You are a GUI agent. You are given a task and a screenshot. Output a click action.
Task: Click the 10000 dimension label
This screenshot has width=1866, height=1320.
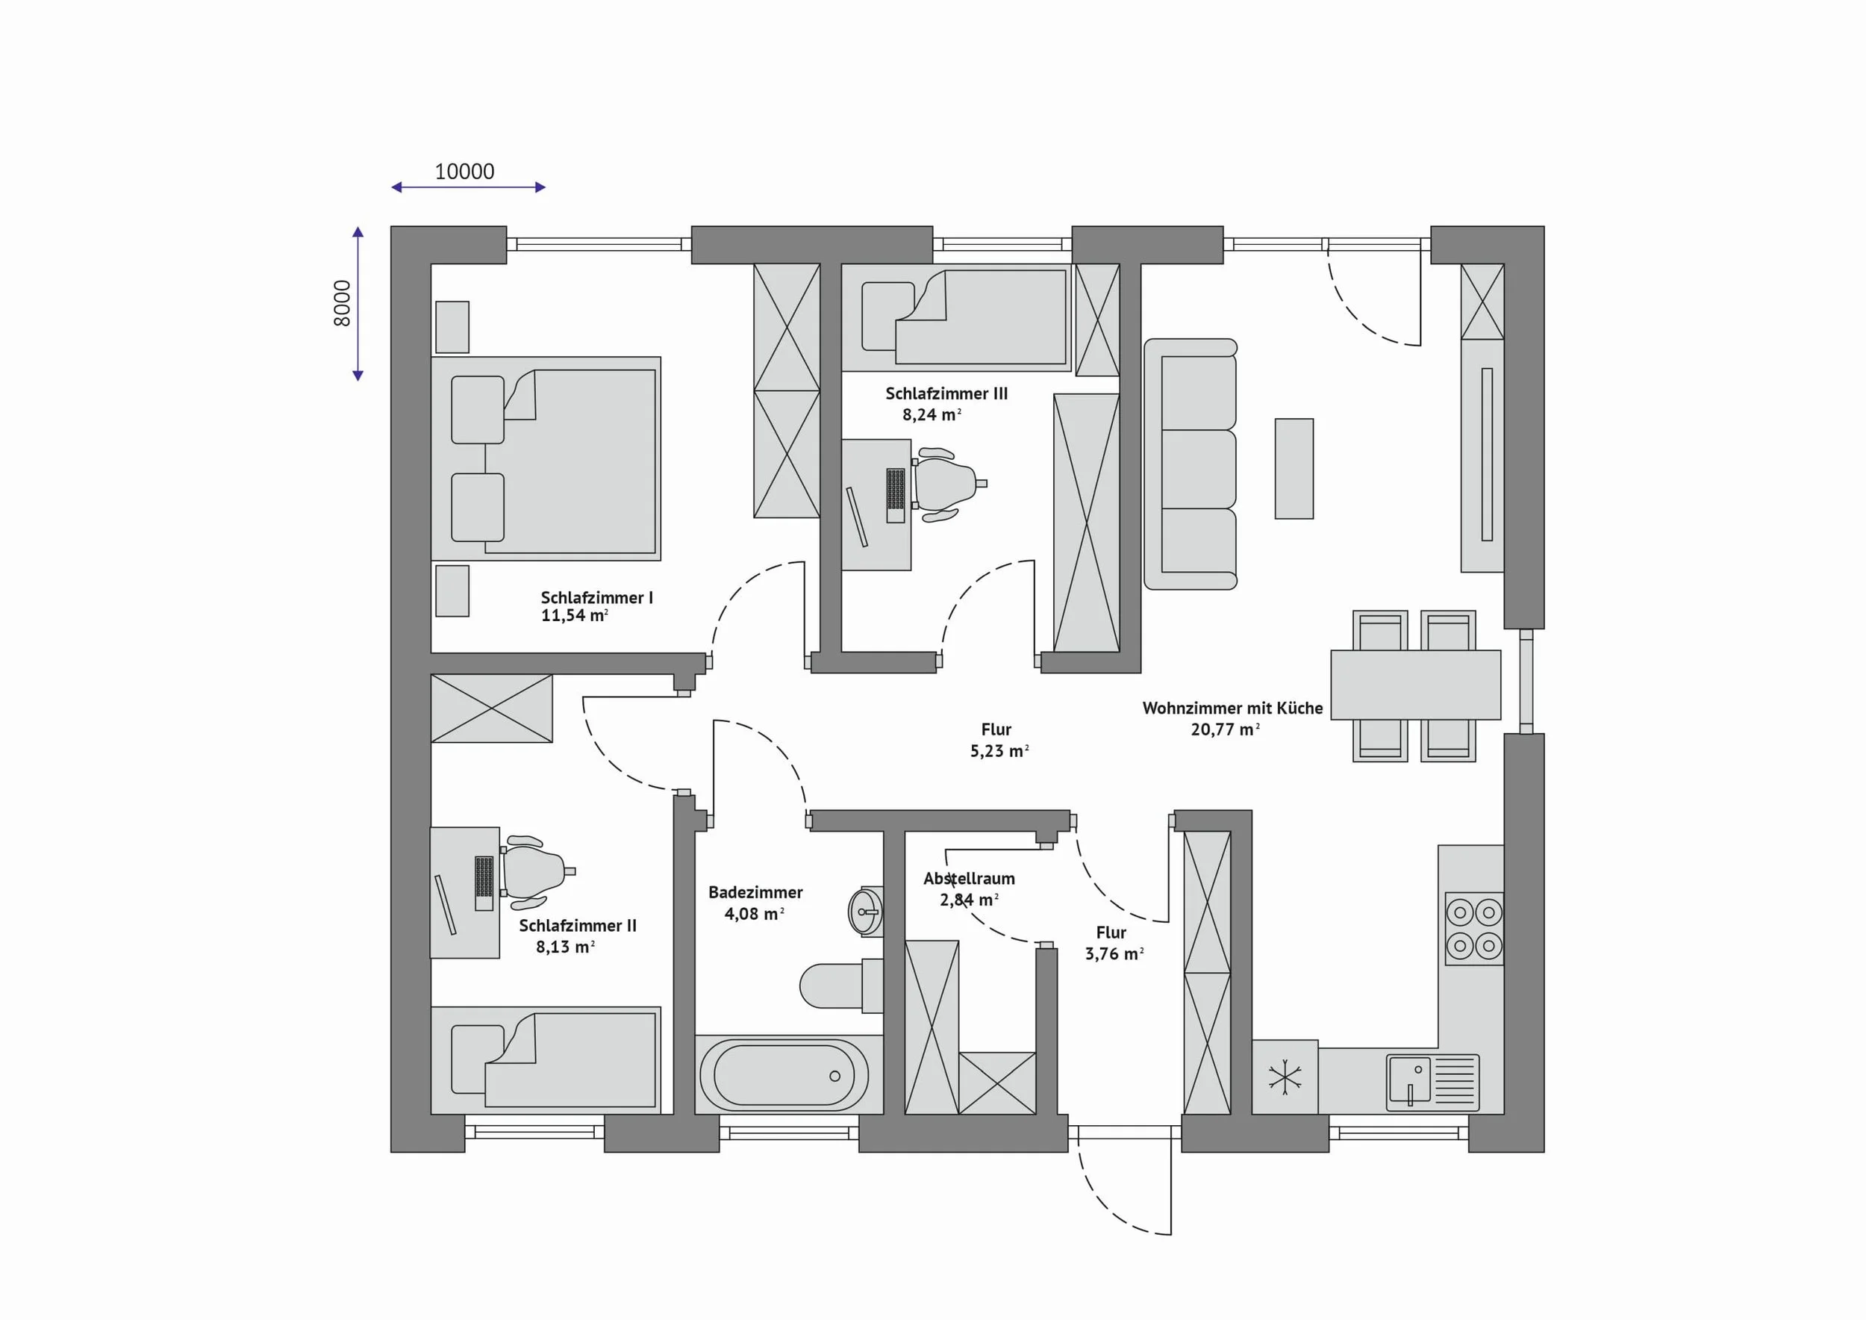464,172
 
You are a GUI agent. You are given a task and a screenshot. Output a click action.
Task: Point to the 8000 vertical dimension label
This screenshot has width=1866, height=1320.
342,303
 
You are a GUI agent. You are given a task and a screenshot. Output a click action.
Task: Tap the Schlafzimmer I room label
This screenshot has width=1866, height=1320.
596,597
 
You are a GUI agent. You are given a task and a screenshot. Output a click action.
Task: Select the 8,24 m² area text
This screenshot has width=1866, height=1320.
932,414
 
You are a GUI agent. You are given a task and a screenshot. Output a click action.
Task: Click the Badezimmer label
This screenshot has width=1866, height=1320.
755,891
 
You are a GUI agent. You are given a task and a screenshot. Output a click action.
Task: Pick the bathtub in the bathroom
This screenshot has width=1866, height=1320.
784,1074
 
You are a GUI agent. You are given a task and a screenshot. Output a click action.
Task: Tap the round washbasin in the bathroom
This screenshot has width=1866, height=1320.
865,911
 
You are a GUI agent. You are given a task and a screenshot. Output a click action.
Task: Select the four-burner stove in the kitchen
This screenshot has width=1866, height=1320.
1474,929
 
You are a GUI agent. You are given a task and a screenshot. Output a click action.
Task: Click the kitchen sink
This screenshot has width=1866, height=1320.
1433,1083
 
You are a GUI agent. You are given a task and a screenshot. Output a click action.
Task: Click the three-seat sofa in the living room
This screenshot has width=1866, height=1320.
1191,464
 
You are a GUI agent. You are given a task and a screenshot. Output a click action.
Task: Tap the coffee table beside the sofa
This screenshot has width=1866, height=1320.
1294,468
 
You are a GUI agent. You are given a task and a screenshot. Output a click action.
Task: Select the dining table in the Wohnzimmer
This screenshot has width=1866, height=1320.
1416,685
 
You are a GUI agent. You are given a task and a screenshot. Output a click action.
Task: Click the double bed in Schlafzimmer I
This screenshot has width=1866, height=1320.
546,458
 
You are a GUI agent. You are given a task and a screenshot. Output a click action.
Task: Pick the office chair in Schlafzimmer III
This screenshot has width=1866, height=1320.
945,484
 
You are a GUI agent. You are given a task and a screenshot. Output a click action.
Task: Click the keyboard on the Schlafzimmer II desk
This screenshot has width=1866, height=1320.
484,882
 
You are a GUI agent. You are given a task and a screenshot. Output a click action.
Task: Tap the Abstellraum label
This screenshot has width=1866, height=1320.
969,879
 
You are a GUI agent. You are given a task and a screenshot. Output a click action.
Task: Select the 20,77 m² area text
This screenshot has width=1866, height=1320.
1225,729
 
